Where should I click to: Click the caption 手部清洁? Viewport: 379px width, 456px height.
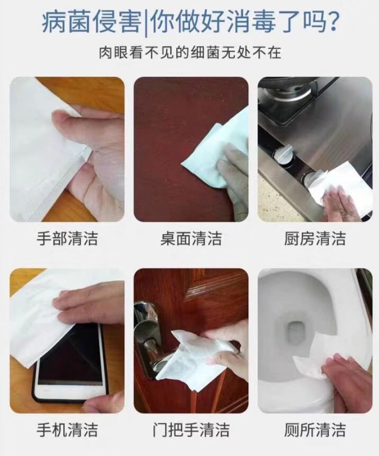point(67,239)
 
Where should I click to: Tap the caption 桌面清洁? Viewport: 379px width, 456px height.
point(191,239)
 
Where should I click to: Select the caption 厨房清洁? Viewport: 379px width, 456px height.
point(315,239)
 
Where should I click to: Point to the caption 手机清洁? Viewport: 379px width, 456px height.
point(67,430)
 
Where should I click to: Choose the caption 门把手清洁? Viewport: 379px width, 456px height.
point(191,430)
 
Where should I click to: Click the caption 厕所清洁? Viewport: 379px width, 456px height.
point(315,430)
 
